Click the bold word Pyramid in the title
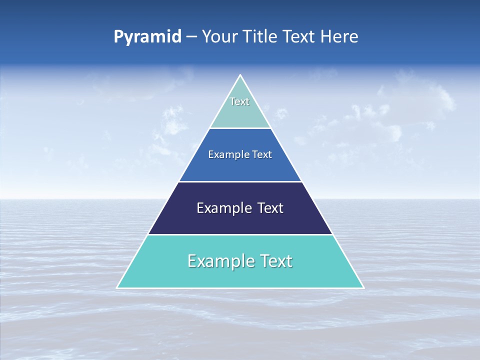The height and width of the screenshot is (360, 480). click(x=147, y=37)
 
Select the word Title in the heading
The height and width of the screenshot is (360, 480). click(x=261, y=36)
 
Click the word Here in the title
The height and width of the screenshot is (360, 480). click(x=339, y=36)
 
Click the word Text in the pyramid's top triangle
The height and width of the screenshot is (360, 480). click(x=239, y=101)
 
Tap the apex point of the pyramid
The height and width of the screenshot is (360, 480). click(x=240, y=75)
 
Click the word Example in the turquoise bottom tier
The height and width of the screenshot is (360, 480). click(x=218, y=261)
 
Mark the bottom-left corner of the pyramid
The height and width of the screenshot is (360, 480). click(x=117, y=287)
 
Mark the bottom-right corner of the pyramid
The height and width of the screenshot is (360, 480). click(x=363, y=287)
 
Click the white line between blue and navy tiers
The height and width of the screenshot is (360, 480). click(x=240, y=181)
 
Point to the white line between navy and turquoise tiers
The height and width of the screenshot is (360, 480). click(x=240, y=234)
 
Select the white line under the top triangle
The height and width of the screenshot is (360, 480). click(x=240, y=128)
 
